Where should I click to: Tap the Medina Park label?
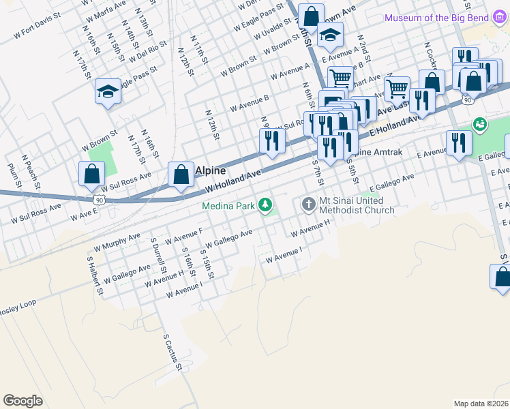tap(228, 204)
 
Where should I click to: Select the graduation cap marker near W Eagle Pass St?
tap(108, 91)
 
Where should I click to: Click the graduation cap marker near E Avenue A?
tap(330, 35)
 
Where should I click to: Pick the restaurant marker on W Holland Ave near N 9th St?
tap(272, 141)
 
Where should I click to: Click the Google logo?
tap(22, 400)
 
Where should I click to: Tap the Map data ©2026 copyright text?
tap(480, 404)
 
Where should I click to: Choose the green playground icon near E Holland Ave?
tap(480, 124)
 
